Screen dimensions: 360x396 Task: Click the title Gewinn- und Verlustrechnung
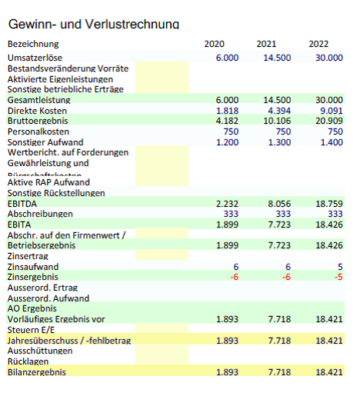coord(92,25)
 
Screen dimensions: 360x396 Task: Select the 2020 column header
coord(215,44)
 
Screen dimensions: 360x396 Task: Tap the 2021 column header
coord(266,44)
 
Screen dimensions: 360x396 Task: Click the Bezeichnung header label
coord(33,44)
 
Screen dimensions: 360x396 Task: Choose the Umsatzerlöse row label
coord(35,58)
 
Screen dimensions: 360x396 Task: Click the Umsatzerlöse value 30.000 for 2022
coord(328,58)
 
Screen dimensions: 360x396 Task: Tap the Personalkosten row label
coord(38,131)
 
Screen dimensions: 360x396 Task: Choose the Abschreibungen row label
coord(40,214)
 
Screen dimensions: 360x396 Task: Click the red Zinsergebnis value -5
coord(337,277)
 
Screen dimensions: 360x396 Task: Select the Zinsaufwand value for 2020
coord(235,266)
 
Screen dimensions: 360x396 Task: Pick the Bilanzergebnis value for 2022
coord(328,372)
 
